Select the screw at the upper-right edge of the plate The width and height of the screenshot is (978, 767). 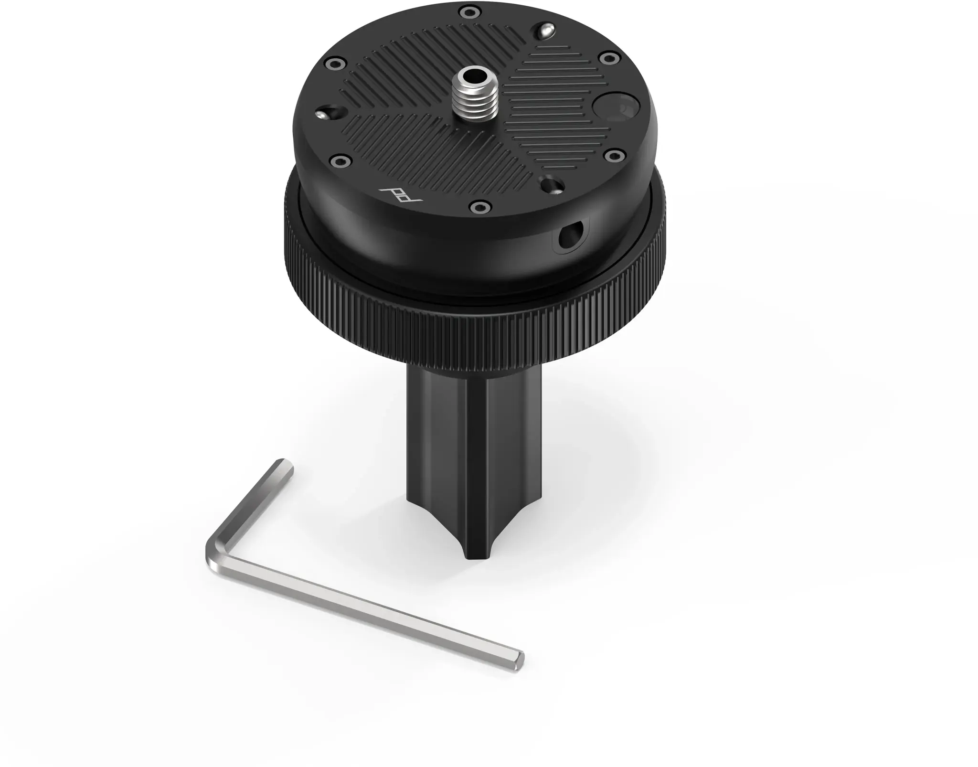608,58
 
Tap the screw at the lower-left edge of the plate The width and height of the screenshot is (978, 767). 340,160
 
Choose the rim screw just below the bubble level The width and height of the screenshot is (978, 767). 614,155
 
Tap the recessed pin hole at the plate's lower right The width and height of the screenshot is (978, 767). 552,185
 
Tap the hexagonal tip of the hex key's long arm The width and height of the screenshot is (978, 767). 518,662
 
